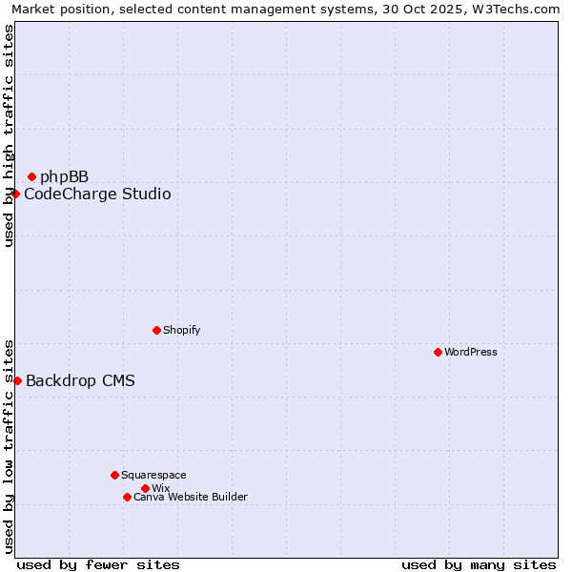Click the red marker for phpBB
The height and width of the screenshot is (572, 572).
tap(31, 176)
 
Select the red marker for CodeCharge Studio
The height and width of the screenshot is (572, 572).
tap(15, 194)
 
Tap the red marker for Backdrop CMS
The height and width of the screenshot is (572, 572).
tap(17, 380)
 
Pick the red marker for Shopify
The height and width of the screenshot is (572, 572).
tap(156, 330)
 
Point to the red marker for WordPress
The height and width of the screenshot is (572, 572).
tap(438, 352)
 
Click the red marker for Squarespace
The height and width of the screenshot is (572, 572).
tap(114, 475)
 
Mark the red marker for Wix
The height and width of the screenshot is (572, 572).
tap(145, 488)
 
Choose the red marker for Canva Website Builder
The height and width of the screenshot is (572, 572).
tap(127, 497)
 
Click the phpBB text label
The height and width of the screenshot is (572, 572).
tap(64, 176)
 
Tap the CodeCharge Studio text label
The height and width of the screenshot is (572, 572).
tap(97, 194)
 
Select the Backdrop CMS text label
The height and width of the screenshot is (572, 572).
tap(80, 381)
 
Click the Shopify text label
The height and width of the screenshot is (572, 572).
tap(181, 330)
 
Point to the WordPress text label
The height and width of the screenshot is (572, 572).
tap(470, 352)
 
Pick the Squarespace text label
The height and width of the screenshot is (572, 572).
tap(153, 475)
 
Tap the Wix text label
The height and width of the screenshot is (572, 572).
tap(160, 488)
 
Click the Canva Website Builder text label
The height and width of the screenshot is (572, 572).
tap(190, 497)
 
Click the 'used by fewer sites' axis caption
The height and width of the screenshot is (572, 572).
tap(98, 564)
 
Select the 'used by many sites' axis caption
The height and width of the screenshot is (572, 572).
tap(479, 564)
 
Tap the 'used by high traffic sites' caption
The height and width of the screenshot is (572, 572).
tap(9, 135)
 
